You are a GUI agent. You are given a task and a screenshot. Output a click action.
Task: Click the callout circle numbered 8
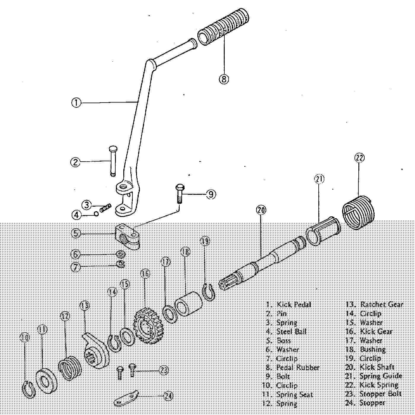tap(224, 79)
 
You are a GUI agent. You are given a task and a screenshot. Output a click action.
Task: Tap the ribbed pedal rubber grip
tap(223, 27)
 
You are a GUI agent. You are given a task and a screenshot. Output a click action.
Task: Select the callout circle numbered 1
tap(76, 103)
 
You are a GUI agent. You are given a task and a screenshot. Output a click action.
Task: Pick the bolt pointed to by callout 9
tap(179, 194)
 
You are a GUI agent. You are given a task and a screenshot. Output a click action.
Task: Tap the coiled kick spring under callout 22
tap(359, 212)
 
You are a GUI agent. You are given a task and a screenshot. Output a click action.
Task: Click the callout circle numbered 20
tap(261, 210)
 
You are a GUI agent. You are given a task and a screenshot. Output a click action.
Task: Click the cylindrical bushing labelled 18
tap(188, 304)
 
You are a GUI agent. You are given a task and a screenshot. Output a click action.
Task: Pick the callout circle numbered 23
tap(164, 370)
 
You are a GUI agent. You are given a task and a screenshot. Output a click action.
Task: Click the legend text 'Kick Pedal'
tap(293, 304)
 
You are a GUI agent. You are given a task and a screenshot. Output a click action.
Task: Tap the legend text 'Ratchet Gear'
tap(382, 304)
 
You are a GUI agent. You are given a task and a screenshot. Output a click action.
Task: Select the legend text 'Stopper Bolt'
tap(380, 394)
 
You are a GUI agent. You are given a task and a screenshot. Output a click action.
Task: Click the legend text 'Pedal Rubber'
tap(298, 368)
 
